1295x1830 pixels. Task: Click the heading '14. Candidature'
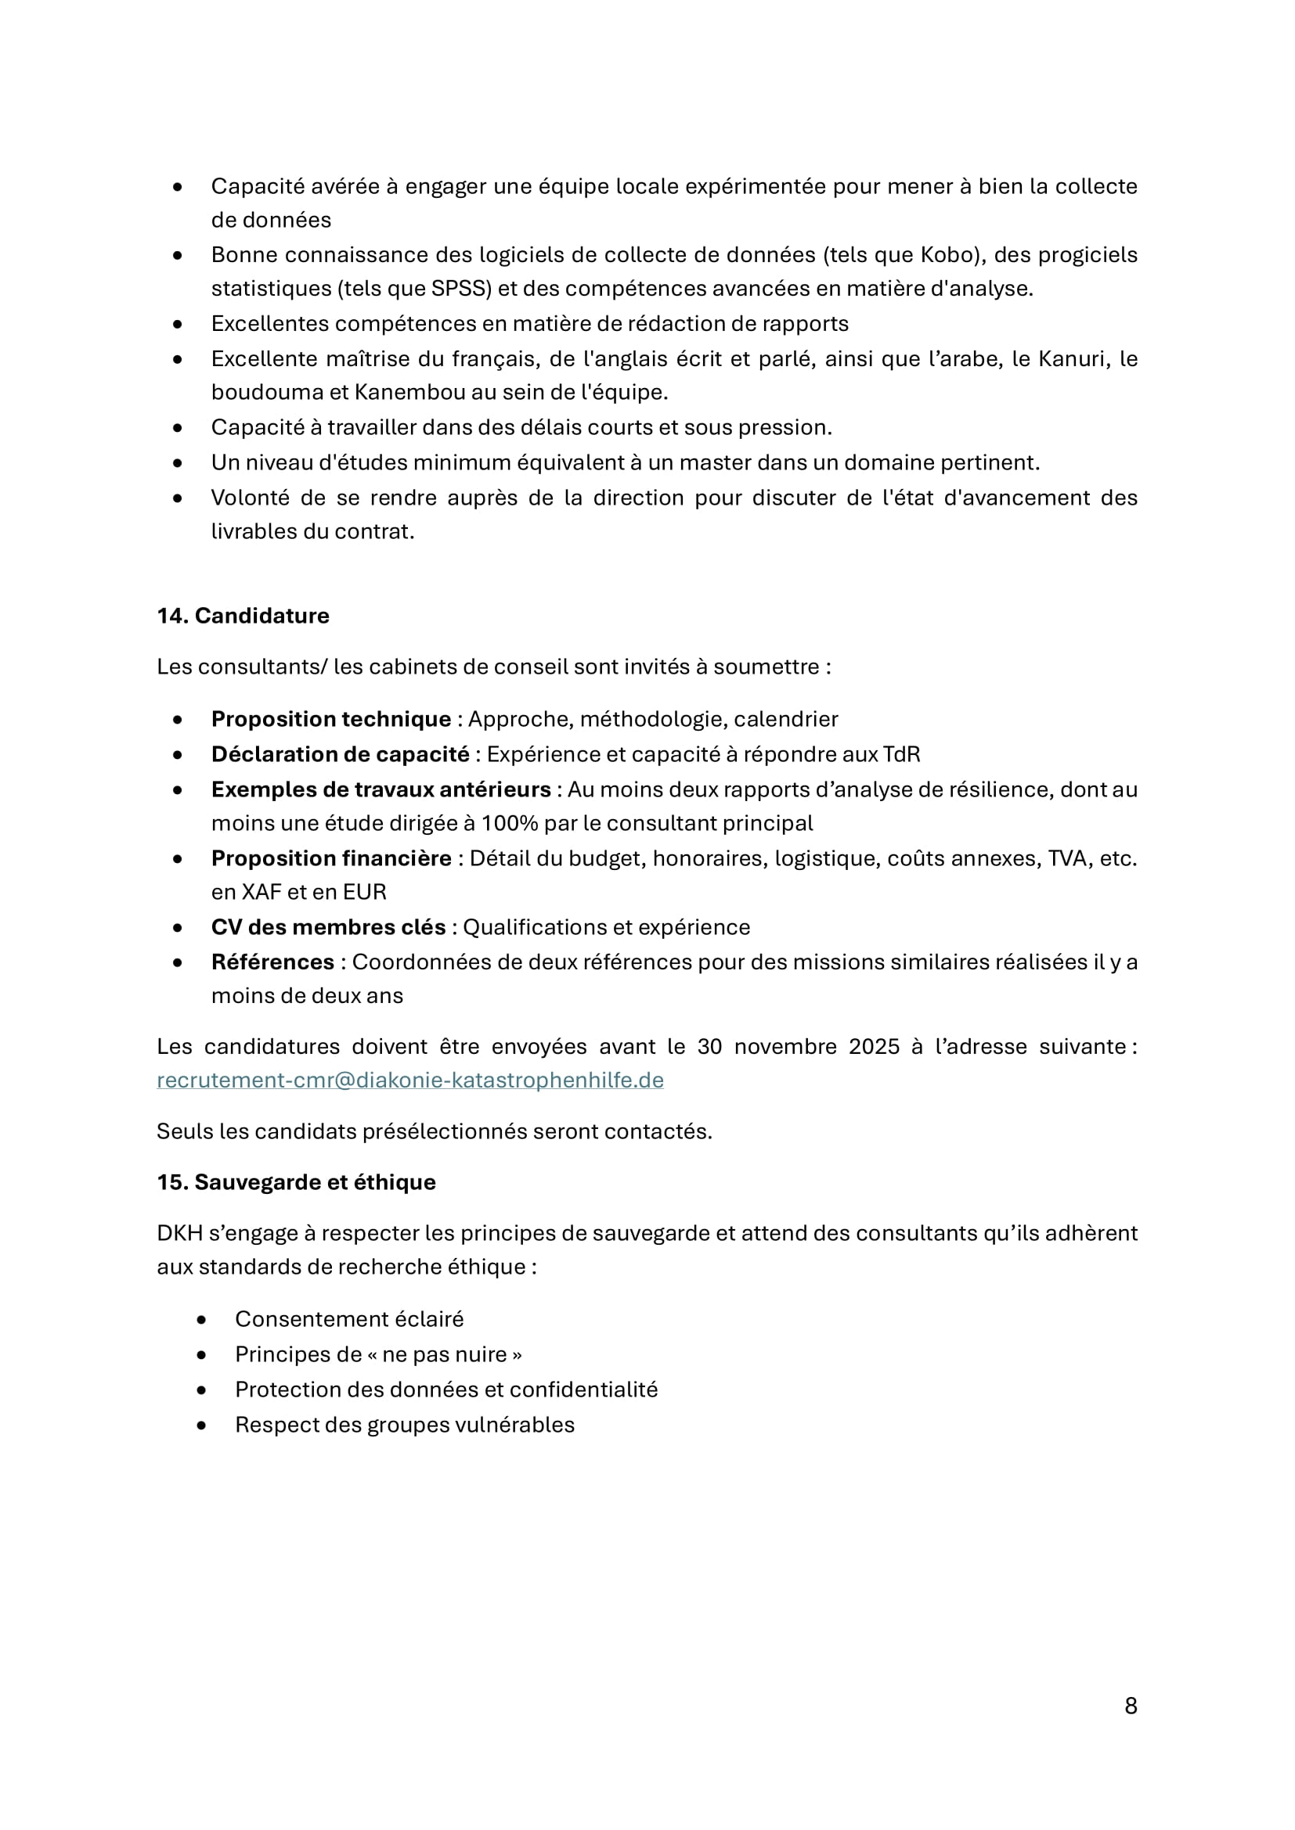243,615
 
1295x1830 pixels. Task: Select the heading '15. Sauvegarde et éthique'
296,1182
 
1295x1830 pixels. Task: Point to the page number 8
1130,1706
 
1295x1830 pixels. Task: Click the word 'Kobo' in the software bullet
948,255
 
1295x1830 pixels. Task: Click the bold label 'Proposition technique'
331,719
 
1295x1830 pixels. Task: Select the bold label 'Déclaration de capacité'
340,754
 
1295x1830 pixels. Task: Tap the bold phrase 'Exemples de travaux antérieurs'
381,789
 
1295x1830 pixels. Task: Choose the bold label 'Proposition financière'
331,858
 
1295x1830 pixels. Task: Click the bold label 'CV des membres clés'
328,927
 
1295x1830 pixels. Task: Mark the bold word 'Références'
272,962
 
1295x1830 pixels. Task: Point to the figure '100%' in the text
508,823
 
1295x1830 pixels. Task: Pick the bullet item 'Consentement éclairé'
348,1319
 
